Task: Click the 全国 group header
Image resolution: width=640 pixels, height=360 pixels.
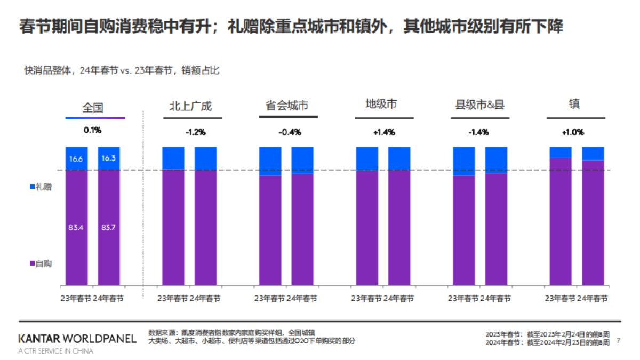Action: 93,107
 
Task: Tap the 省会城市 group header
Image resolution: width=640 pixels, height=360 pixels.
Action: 286,106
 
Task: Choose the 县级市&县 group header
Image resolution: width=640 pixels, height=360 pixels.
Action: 479,105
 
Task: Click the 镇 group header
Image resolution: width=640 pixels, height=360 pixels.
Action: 574,104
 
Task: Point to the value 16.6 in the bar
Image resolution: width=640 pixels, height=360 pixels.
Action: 76,158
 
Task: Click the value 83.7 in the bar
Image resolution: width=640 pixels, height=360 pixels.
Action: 109,228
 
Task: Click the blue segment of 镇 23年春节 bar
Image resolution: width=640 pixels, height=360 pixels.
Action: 561,152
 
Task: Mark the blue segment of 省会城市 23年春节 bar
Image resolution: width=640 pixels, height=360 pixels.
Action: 270,161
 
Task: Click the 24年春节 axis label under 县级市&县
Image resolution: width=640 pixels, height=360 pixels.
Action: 494,299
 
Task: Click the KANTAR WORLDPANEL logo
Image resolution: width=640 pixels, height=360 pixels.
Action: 77,339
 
